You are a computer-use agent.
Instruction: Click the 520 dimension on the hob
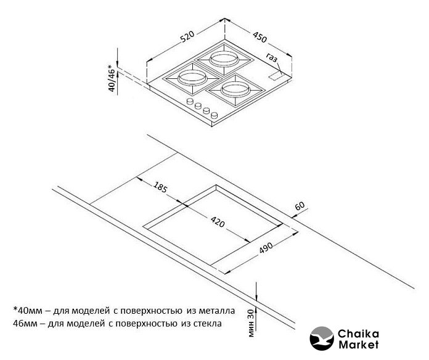point(187,38)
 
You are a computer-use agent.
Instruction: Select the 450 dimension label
point(259,37)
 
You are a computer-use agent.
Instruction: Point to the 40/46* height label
point(112,78)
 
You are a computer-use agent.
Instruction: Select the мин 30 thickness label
point(250,320)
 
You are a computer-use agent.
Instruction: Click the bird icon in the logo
point(321,339)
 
